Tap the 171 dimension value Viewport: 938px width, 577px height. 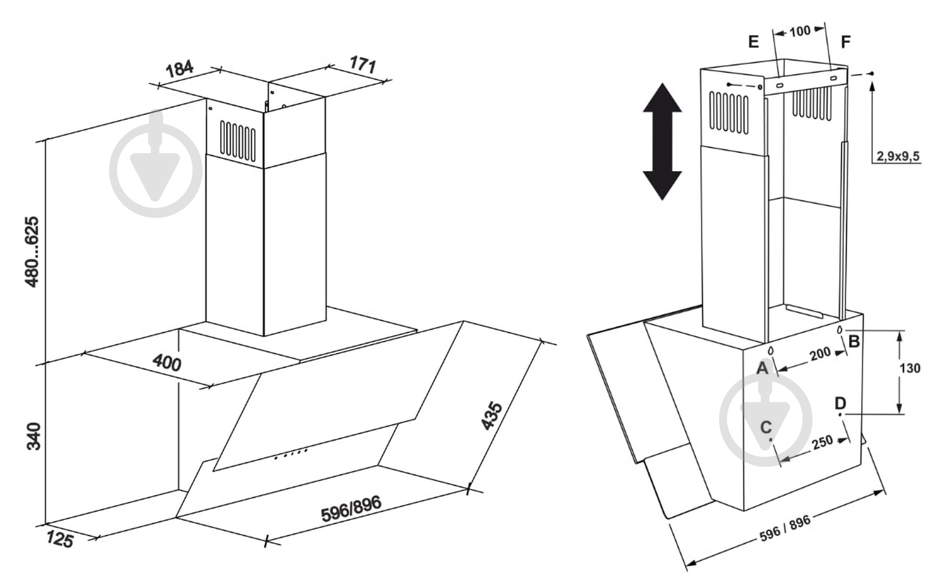[x=363, y=65]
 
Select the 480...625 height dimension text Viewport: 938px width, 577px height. [x=33, y=252]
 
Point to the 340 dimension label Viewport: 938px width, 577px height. [x=33, y=436]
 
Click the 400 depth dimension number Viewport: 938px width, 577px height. [x=167, y=363]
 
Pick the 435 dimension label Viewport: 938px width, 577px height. [x=492, y=416]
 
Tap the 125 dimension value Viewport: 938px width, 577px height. [x=59, y=539]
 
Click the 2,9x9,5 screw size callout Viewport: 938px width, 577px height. [x=897, y=156]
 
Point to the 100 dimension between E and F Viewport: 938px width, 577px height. [x=800, y=32]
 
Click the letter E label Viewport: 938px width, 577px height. [x=754, y=42]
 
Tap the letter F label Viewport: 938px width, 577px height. [x=846, y=42]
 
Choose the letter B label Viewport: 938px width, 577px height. [x=854, y=341]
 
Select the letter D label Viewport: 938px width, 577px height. [x=841, y=403]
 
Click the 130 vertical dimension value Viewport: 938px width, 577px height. [x=910, y=368]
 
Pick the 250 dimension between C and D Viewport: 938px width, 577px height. [x=822, y=442]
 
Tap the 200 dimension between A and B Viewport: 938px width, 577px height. [x=820, y=354]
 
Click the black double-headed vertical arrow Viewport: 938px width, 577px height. [x=662, y=142]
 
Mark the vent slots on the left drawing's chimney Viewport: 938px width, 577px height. [x=238, y=140]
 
